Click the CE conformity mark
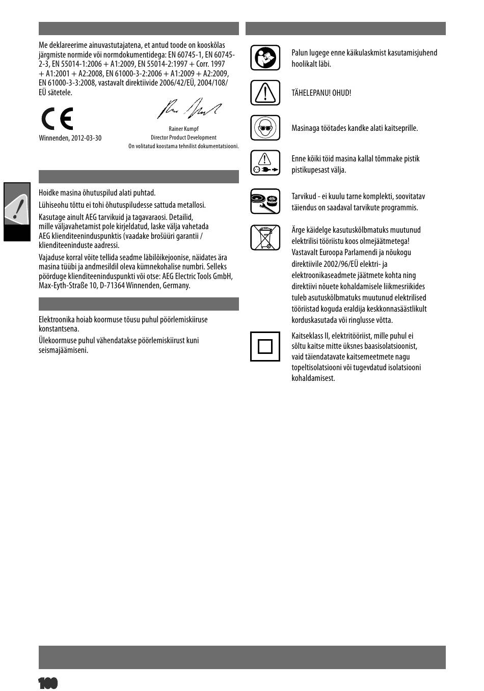58,119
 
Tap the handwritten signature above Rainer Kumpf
189,108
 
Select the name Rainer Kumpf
183,129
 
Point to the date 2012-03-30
86,138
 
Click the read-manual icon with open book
265,58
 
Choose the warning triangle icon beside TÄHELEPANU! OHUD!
265,93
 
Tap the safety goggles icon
265,127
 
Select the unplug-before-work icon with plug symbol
265,163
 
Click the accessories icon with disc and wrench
265,201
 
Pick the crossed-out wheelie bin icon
265,237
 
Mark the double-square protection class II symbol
265,346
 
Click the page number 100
48,683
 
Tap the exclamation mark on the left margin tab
18,208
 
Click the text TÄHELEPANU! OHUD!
321,93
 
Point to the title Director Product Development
183,137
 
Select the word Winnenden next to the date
53,138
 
